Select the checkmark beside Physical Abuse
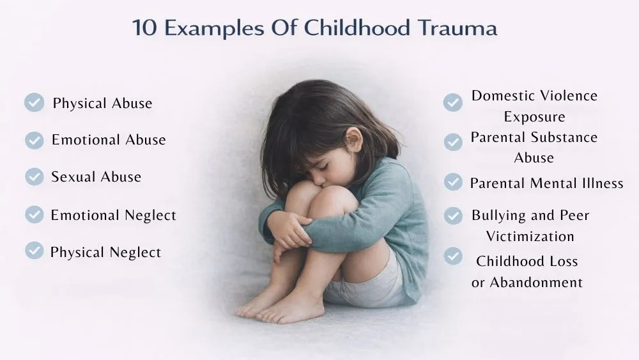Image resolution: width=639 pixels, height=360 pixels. point(35,102)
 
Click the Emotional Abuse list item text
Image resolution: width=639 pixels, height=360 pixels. point(109,140)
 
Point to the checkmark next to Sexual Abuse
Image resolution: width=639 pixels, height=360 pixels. point(35,176)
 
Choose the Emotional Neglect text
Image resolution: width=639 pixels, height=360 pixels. point(113,215)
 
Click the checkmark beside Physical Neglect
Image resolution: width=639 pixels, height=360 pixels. point(35,251)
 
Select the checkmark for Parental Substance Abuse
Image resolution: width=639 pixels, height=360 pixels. point(453,142)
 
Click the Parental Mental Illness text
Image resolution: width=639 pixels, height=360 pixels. point(546,184)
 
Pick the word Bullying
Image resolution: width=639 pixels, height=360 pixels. point(498,215)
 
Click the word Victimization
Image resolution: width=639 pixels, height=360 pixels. point(530,236)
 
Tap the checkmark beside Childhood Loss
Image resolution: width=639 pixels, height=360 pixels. point(453,256)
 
